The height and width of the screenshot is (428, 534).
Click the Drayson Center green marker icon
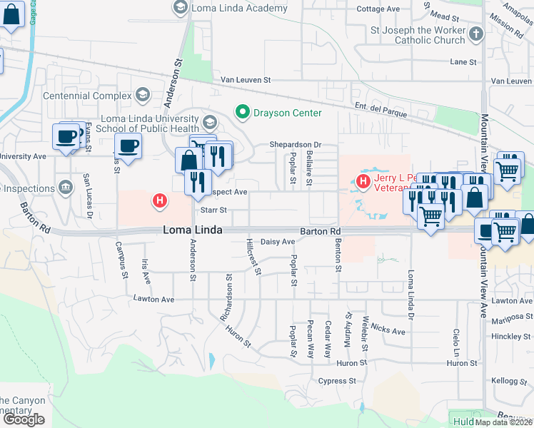coord(242,113)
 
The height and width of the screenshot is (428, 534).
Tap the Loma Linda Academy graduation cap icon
coord(180,9)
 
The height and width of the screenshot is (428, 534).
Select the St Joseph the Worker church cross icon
coord(476,33)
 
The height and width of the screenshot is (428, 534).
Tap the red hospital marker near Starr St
coord(161,203)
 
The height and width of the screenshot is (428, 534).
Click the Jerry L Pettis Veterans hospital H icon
coord(363,181)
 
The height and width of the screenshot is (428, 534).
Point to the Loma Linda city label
coord(193,230)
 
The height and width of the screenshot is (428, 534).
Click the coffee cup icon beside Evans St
coord(67,136)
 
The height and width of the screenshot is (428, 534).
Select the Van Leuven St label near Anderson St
coord(246,81)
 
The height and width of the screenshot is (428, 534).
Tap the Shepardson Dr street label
coord(296,145)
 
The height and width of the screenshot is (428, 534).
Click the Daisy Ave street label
coord(277,243)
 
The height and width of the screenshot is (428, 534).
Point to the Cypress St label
coord(337,381)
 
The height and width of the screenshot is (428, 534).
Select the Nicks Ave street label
coord(388,331)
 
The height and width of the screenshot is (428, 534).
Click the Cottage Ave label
coord(378,9)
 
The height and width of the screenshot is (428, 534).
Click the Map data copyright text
coord(504,422)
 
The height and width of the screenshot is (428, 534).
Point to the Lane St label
coord(463,63)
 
